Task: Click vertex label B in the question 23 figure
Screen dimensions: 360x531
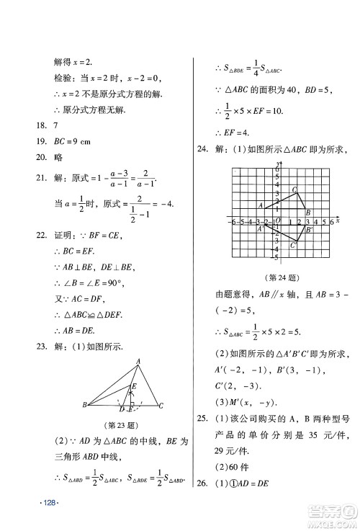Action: pos(85,406)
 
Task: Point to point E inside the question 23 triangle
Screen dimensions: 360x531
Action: pos(133,388)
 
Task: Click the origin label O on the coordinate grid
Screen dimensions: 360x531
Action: pos(276,222)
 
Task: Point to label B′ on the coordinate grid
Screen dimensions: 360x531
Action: pos(309,230)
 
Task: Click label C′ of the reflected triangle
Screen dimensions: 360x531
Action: pos(293,246)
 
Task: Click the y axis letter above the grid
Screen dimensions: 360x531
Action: pos(277,167)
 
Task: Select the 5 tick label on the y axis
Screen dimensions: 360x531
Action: pos(275,176)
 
